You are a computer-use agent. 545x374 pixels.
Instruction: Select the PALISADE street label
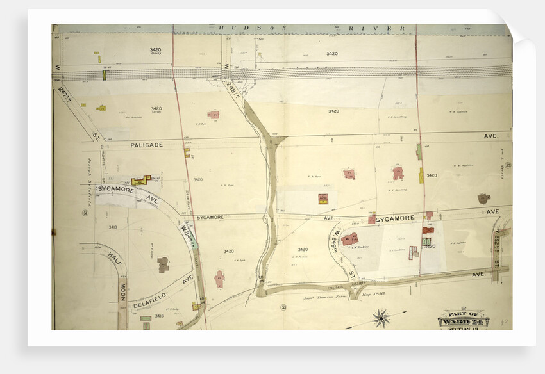click(x=146, y=145)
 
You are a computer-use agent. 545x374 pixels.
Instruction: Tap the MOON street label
click(x=121, y=289)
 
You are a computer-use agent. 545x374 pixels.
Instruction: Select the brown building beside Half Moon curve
click(x=163, y=264)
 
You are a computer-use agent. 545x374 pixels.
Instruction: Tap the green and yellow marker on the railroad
click(x=104, y=75)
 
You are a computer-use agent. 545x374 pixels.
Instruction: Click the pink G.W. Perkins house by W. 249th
click(x=350, y=239)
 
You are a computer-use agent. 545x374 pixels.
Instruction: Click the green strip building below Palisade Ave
click(x=419, y=151)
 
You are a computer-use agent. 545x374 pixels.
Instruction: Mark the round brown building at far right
click(x=483, y=199)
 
